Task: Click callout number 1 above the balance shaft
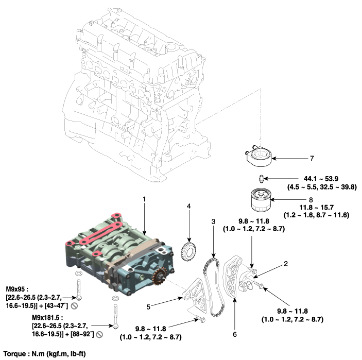pyautogui.click(x=144, y=198)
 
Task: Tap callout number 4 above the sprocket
pyautogui.click(x=189, y=207)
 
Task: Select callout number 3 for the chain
pyautogui.click(x=212, y=221)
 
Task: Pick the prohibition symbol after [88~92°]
pyautogui.click(x=99, y=334)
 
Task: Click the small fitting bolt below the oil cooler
pyautogui.click(x=262, y=179)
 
